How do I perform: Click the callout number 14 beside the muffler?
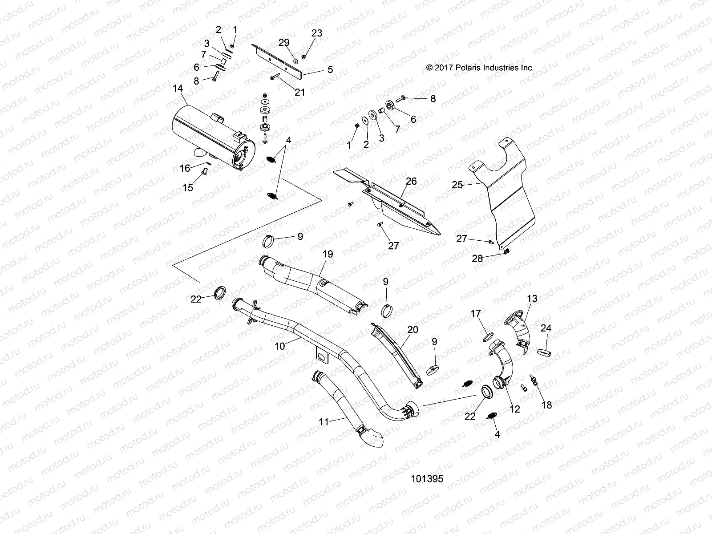pos(178,89)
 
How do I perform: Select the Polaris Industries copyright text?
pos(480,68)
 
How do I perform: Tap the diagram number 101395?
pos(427,478)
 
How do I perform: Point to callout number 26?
pos(411,181)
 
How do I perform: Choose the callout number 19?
pos(328,254)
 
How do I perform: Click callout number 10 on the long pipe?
pos(280,345)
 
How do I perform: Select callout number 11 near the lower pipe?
pos(324,421)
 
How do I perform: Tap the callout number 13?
pos(532,299)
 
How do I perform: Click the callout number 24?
pos(546,328)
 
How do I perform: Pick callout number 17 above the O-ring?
pos(476,314)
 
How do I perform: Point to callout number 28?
pos(477,258)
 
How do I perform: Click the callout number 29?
pos(284,43)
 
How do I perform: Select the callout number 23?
pos(316,33)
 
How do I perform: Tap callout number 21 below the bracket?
pos(300,92)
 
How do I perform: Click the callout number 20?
pos(413,329)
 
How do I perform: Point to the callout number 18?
pos(546,405)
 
